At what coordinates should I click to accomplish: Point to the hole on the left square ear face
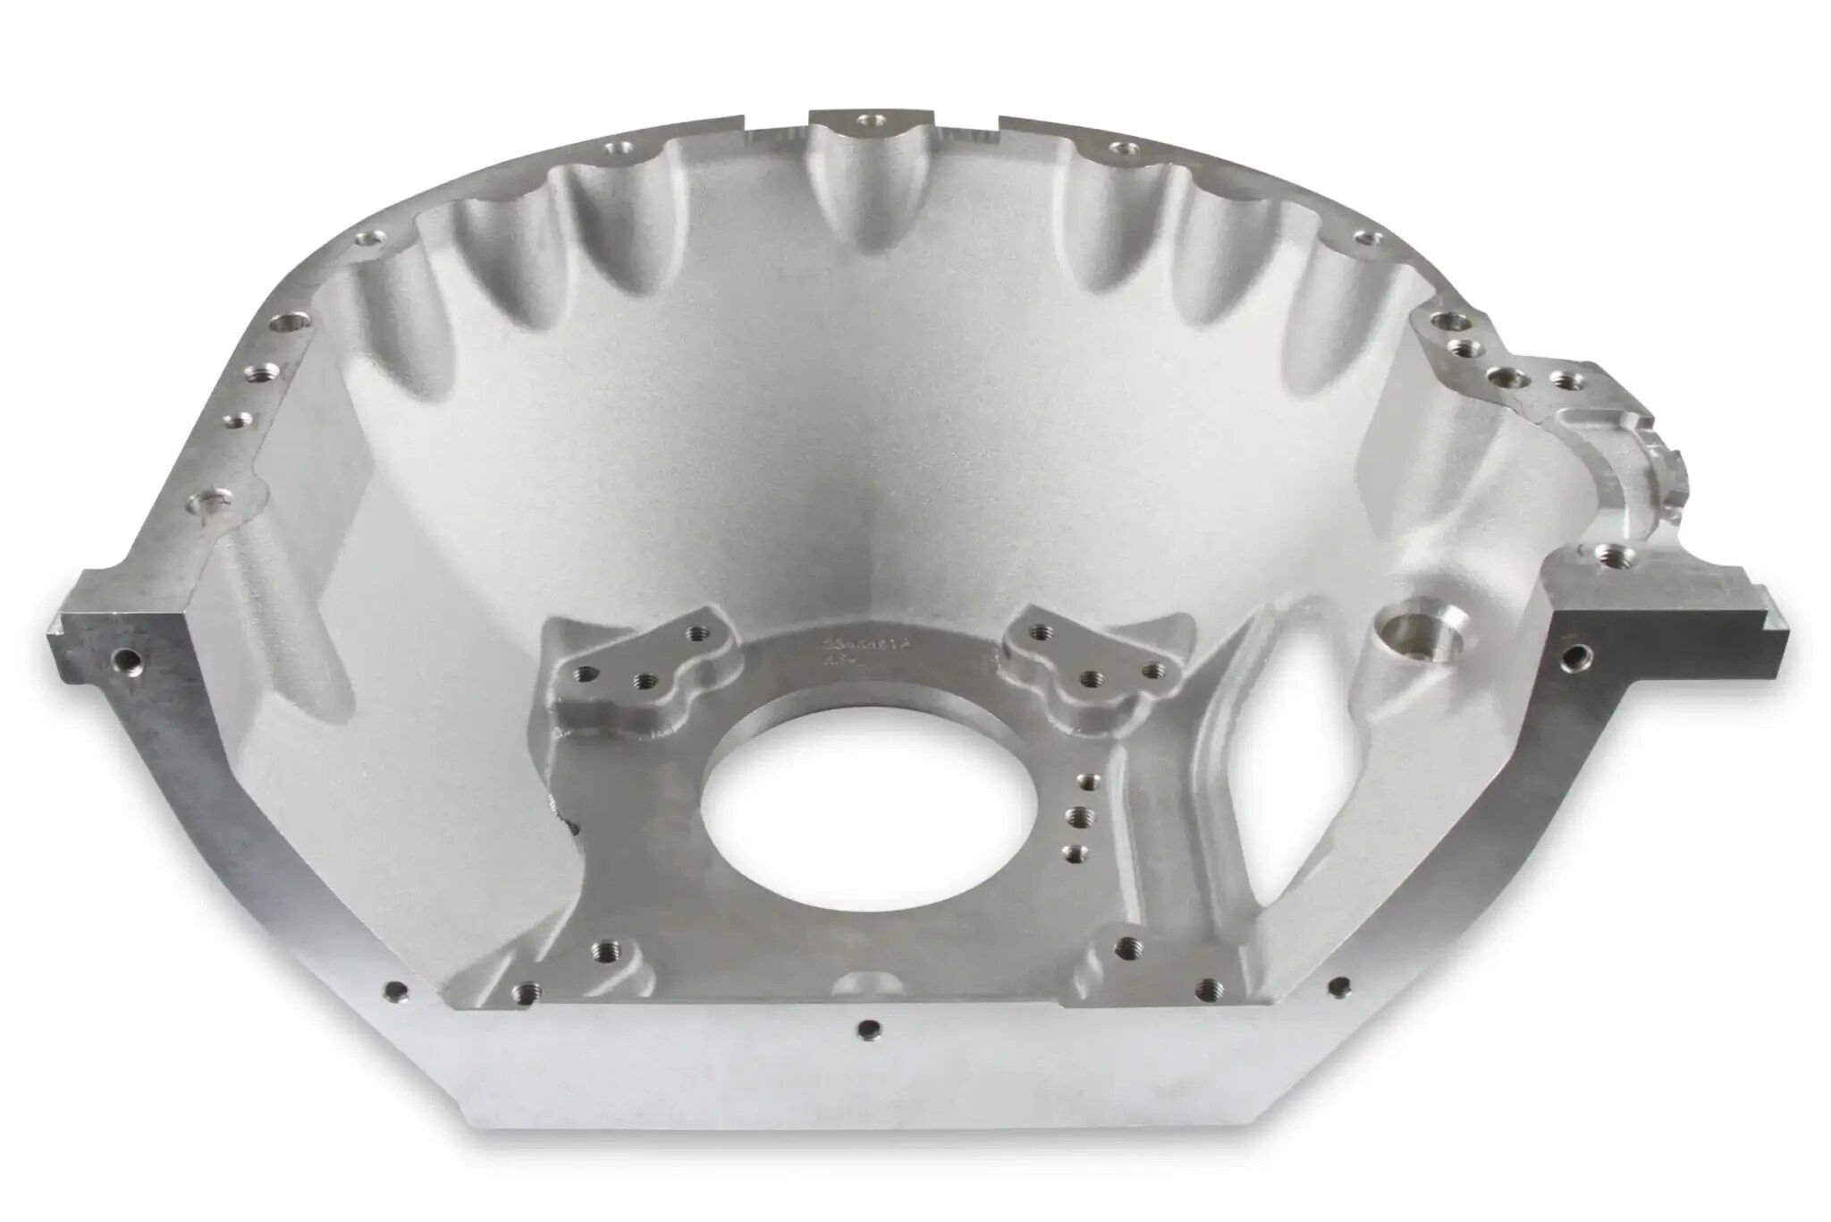126,663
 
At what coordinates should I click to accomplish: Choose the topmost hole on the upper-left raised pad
695,633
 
